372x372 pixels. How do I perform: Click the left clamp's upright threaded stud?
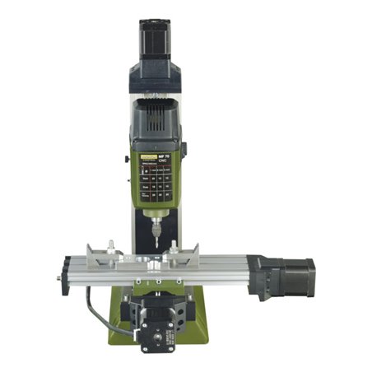click(x=110, y=247)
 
